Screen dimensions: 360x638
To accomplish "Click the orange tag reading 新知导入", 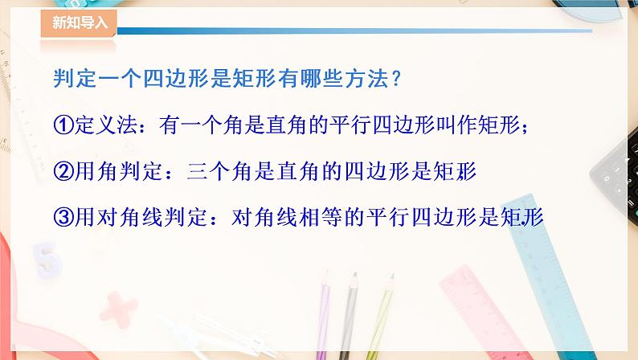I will click(78, 23).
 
